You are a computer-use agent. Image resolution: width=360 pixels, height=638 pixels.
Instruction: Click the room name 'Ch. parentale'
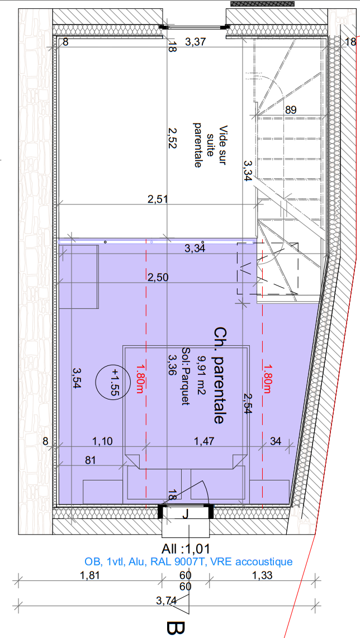[x=219, y=375]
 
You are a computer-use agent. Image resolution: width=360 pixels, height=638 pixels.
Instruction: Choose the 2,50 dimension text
[x=158, y=278]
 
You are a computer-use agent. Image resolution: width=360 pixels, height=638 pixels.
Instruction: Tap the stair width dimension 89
[x=291, y=109]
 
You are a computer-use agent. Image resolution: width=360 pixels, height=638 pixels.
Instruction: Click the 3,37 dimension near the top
[x=196, y=41]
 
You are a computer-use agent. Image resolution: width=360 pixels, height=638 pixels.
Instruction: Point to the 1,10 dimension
[x=103, y=441]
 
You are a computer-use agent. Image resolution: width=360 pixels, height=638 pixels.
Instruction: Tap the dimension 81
[x=90, y=460]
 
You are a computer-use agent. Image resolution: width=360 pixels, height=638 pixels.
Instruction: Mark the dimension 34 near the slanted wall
[x=276, y=441]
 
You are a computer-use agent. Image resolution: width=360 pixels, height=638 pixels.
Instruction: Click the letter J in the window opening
[x=185, y=515]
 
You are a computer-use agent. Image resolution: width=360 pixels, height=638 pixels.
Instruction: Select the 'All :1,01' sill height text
[x=186, y=549]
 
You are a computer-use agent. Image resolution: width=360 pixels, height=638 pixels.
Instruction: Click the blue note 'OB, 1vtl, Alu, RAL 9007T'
[x=150, y=562]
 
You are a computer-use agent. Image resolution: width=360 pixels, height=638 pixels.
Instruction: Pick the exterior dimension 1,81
[x=89, y=575]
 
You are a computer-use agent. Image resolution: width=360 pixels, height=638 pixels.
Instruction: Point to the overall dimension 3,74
[x=166, y=600]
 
